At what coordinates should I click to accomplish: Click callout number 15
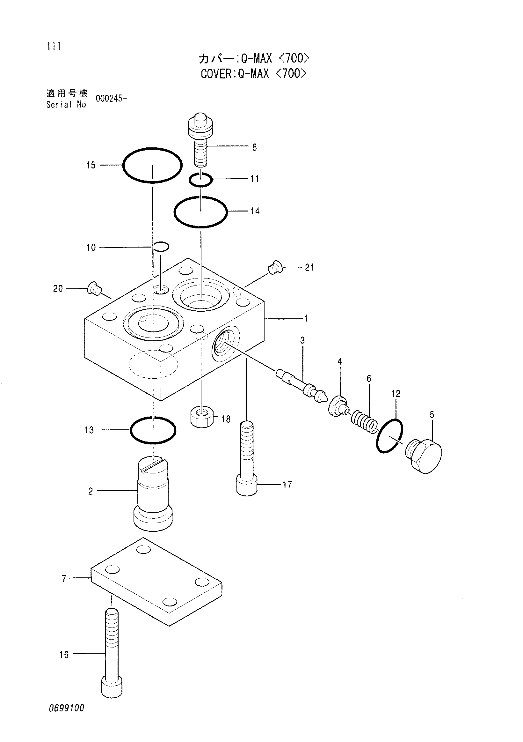pyautogui.click(x=91, y=165)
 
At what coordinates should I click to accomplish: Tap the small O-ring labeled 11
pyautogui.click(x=200, y=174)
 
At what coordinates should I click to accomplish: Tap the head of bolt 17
pyautogui.click(x=247, y=486)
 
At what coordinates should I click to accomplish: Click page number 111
pyautogui.click(x=54, y=46)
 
